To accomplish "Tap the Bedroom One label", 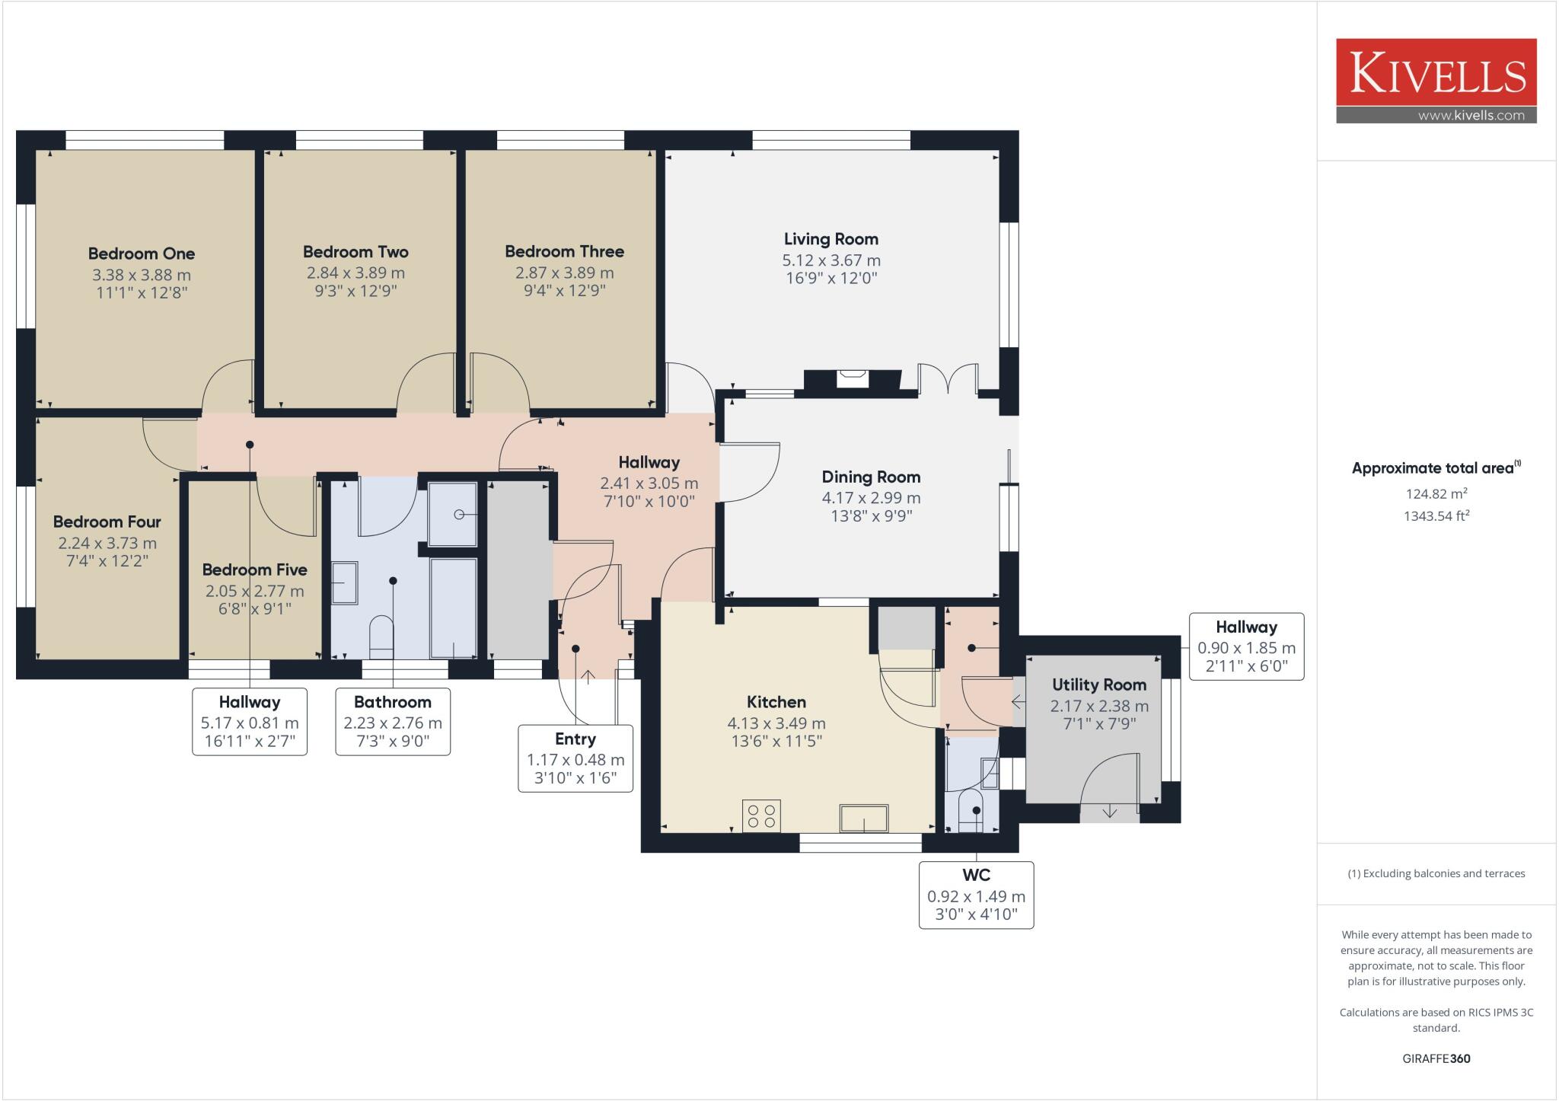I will [x=142, y=254].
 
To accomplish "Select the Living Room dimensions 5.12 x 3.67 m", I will [x=831, y=260].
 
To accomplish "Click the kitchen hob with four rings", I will [x=761, y=815].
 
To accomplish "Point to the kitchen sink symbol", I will [x=864, y=819].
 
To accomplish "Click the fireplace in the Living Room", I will [x=852, y=378].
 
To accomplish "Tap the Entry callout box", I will [x=575, y=758].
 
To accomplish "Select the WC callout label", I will [x=976, y=876].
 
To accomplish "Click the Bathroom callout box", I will [x=393, y=722].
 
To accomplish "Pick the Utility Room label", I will [x=1099, y=685].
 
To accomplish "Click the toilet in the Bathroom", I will [x=381, y=637].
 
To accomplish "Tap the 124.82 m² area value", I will [x=1436, y=493].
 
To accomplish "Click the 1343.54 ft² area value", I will [x=1436, y=515].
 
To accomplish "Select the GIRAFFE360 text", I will [x=1436, y=1058].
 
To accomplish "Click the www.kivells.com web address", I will [x=1471, y=116].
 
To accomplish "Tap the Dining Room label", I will [x=871, y=477].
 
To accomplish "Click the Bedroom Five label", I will [x=254, y=570].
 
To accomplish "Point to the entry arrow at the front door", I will [x=588, y=677].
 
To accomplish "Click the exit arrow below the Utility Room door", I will [x=1109, y=812].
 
